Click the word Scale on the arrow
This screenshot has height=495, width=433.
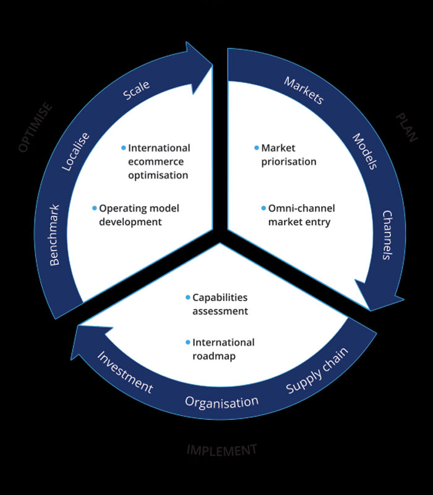click(137, 90)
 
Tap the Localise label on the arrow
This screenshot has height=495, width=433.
click(77, 152)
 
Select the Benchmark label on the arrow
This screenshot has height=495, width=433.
click(54, 235)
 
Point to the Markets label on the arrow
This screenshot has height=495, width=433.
click(304, 90)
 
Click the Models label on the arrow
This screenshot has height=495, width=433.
click(365, 152)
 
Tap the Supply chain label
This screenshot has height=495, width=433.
click(317, 371)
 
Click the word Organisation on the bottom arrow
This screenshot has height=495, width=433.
click(221, 402)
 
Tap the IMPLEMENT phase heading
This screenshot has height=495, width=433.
click(221, 450)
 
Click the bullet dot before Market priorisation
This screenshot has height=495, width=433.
click(257, 148)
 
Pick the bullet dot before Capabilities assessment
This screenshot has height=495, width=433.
click(188, 297)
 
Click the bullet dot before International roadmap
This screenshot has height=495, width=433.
click(188, 342)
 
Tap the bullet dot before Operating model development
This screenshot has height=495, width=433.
click(95, 208)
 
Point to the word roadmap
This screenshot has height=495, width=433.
click(214, 356)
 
